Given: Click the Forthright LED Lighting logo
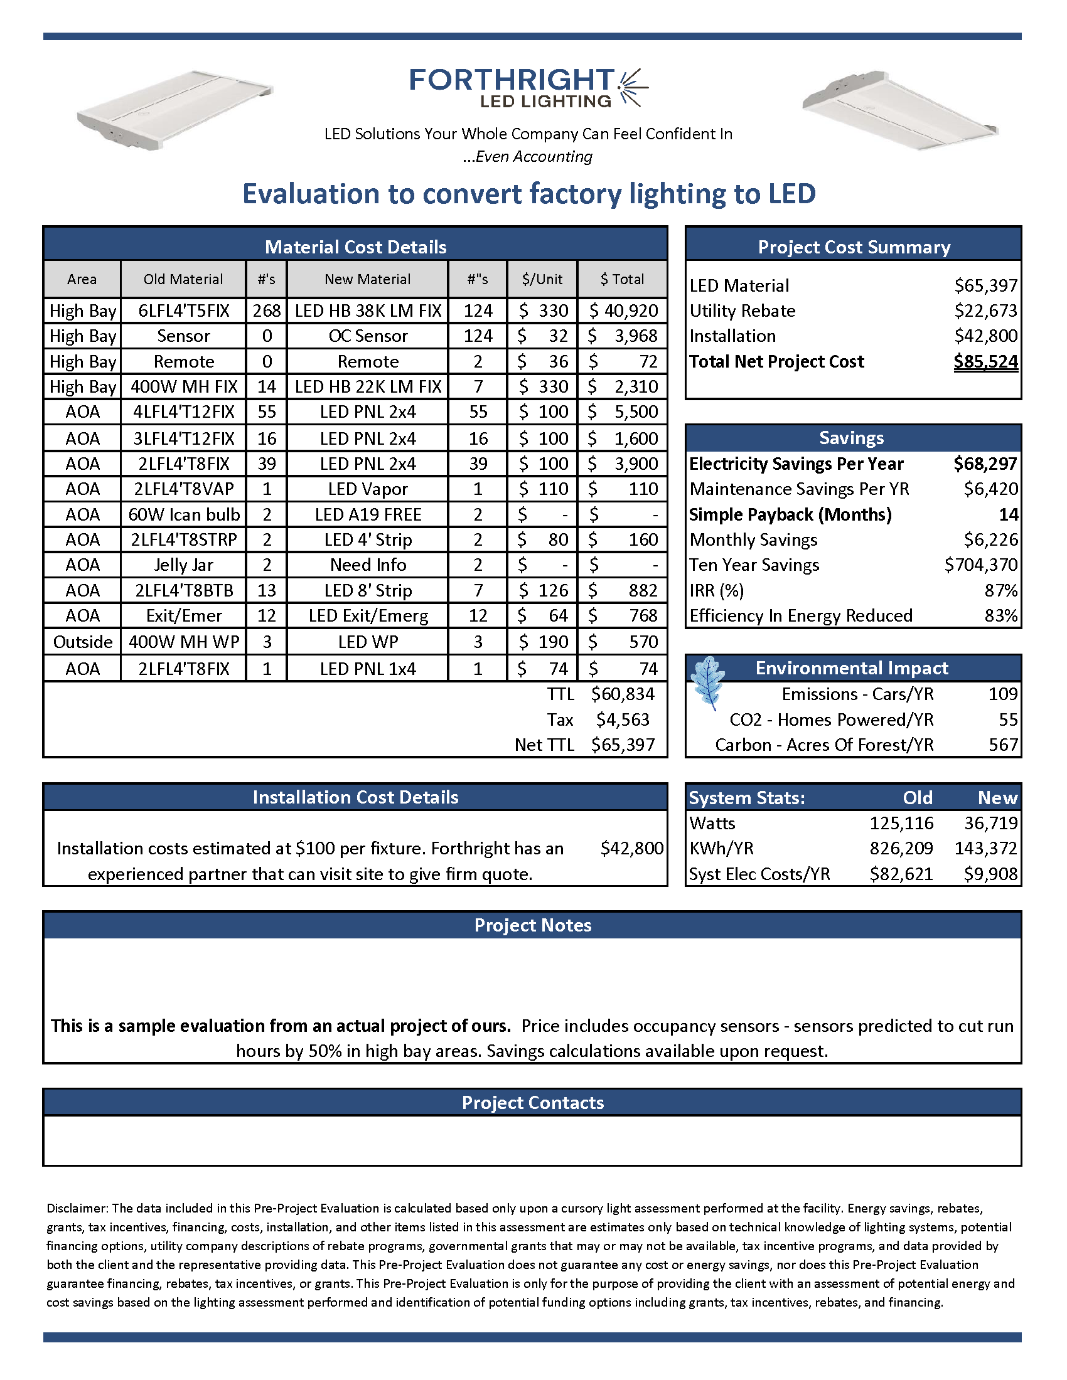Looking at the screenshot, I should (528, 88).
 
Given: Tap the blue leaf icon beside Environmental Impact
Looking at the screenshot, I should (707, 682).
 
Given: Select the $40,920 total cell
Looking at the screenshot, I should (623, 311).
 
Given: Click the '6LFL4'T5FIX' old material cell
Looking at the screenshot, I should (183, 311).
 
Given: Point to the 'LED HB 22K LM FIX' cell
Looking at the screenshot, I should (368, 386).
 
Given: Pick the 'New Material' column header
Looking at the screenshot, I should (367, 279).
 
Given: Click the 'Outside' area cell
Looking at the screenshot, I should (83, 642).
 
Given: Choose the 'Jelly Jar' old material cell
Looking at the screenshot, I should (183, 565).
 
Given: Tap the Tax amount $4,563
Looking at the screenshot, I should (623, 719).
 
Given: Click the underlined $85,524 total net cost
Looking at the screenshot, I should (985, 361).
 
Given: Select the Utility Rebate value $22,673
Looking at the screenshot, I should (985, 311).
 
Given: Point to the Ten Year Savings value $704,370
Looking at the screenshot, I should (980, 565).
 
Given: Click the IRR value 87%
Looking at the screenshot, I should (1000, 590).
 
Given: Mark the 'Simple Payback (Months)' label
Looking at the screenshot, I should (790, 514).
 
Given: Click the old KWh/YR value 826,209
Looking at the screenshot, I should (901, 848).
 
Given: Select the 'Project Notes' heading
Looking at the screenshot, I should (532, 925).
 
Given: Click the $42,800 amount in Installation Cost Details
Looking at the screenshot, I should (631, 848).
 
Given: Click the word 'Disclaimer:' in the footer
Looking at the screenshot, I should (78, 1208).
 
